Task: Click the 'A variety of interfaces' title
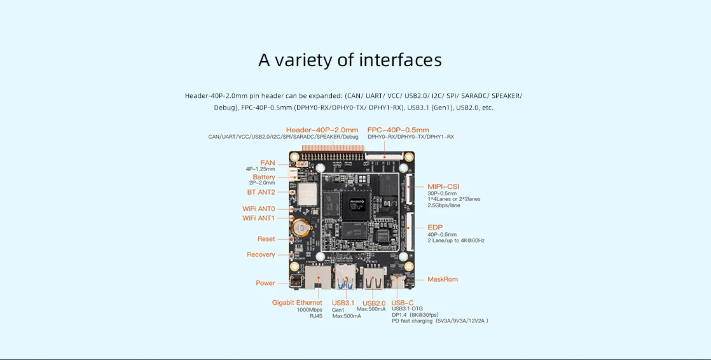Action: [x=350, y=60]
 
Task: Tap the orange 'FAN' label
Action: [x=268, y=163]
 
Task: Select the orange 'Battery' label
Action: [x=264, y=177]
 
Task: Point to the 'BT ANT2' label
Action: [x=261, y=192]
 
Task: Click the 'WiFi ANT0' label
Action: [x=258, y=209]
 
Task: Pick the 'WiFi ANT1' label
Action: [x=258, y=218]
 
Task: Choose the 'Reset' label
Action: [x=266, y=239]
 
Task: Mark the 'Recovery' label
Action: [x=261, y=254]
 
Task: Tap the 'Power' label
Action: [x=265, y=283]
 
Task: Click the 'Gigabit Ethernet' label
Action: [x=297, y=302]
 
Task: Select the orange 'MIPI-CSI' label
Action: [x=443, y=186]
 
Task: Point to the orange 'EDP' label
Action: [x=435, y=227]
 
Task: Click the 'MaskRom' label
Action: [x=443, y=279]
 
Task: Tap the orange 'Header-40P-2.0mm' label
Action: [x=322, y=130]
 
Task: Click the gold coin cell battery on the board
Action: [x=300, y=226]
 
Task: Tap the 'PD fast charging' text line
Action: [x=439, y=321]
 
